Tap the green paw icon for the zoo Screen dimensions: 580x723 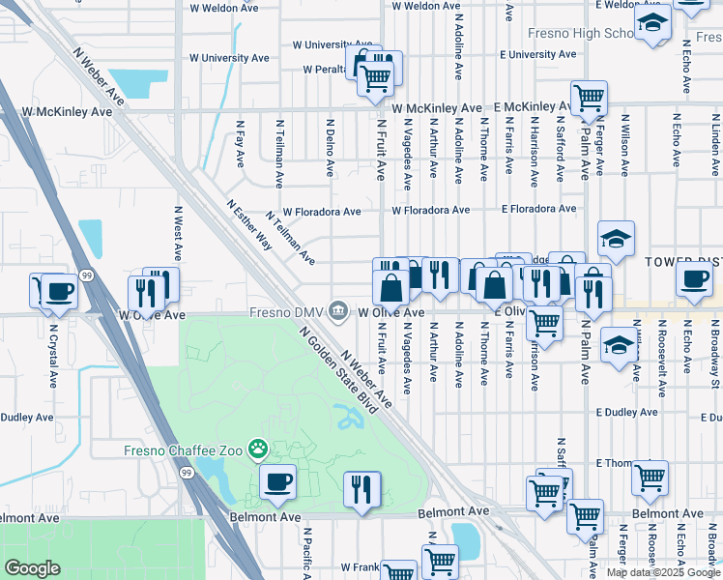pos(258,449)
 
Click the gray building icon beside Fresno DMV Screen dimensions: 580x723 pos(337,311)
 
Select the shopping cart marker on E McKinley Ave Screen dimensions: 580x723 pos(588,97)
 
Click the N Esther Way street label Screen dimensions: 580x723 pos(248,225)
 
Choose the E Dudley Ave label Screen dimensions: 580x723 pos(627,412)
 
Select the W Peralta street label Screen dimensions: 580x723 pos(327,70)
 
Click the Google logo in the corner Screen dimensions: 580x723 pos(33,568)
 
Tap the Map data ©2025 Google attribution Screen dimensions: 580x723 pos(663,572)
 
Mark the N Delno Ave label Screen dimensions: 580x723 pos(330,147)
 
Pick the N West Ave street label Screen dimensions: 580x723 pos(178,232)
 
